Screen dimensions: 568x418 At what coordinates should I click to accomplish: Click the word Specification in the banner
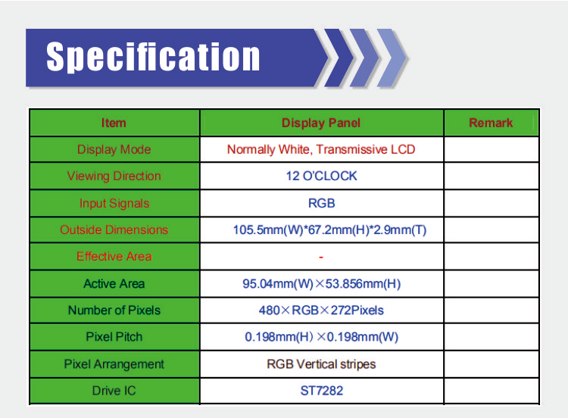coord(153,57)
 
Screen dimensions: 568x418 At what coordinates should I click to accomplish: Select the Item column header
coord(114,123)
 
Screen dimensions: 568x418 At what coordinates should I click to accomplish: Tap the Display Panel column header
coord(321,123)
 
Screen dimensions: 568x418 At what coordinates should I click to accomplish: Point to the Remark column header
coord(491,123)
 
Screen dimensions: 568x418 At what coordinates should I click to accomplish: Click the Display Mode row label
coord(114,149)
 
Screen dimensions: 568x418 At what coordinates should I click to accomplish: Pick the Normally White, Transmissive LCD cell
coord(321,149)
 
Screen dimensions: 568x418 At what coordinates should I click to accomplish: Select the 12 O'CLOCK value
coord(321,176)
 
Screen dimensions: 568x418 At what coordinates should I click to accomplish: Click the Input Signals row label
coord(114,203)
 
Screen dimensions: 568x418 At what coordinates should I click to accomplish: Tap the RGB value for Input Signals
coord(321,203)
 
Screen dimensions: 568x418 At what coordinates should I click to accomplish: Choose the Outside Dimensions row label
coord(114,229)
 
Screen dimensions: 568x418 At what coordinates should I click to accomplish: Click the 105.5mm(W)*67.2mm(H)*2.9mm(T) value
coord(329,229)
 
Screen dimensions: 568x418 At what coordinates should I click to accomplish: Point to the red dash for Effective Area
coord(321,257)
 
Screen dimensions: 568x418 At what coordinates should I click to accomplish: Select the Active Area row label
coord(114,284)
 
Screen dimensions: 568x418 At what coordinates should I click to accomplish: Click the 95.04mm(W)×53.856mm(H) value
coord(322,284)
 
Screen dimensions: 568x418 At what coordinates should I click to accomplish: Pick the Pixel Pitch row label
coord(114,337)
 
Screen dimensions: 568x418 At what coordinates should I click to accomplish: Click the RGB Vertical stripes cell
coord(321,364)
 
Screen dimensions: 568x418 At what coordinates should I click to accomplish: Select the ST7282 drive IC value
coord(322,391)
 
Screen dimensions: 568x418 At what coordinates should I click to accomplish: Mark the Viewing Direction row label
coord(114,176)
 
